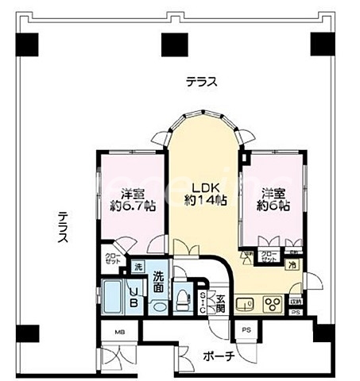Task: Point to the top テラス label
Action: (x=202, y=82)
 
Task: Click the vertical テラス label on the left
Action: (x=62, y=226)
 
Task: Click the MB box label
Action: (x=120, y=332)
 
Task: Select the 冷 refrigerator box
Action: (x=292, y=265)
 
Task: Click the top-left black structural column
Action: (x=27, y=44)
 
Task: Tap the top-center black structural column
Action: (x=173, y=44)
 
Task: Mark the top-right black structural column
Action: (x=321, y=44)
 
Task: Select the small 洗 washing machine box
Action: (x=137, y=266)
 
